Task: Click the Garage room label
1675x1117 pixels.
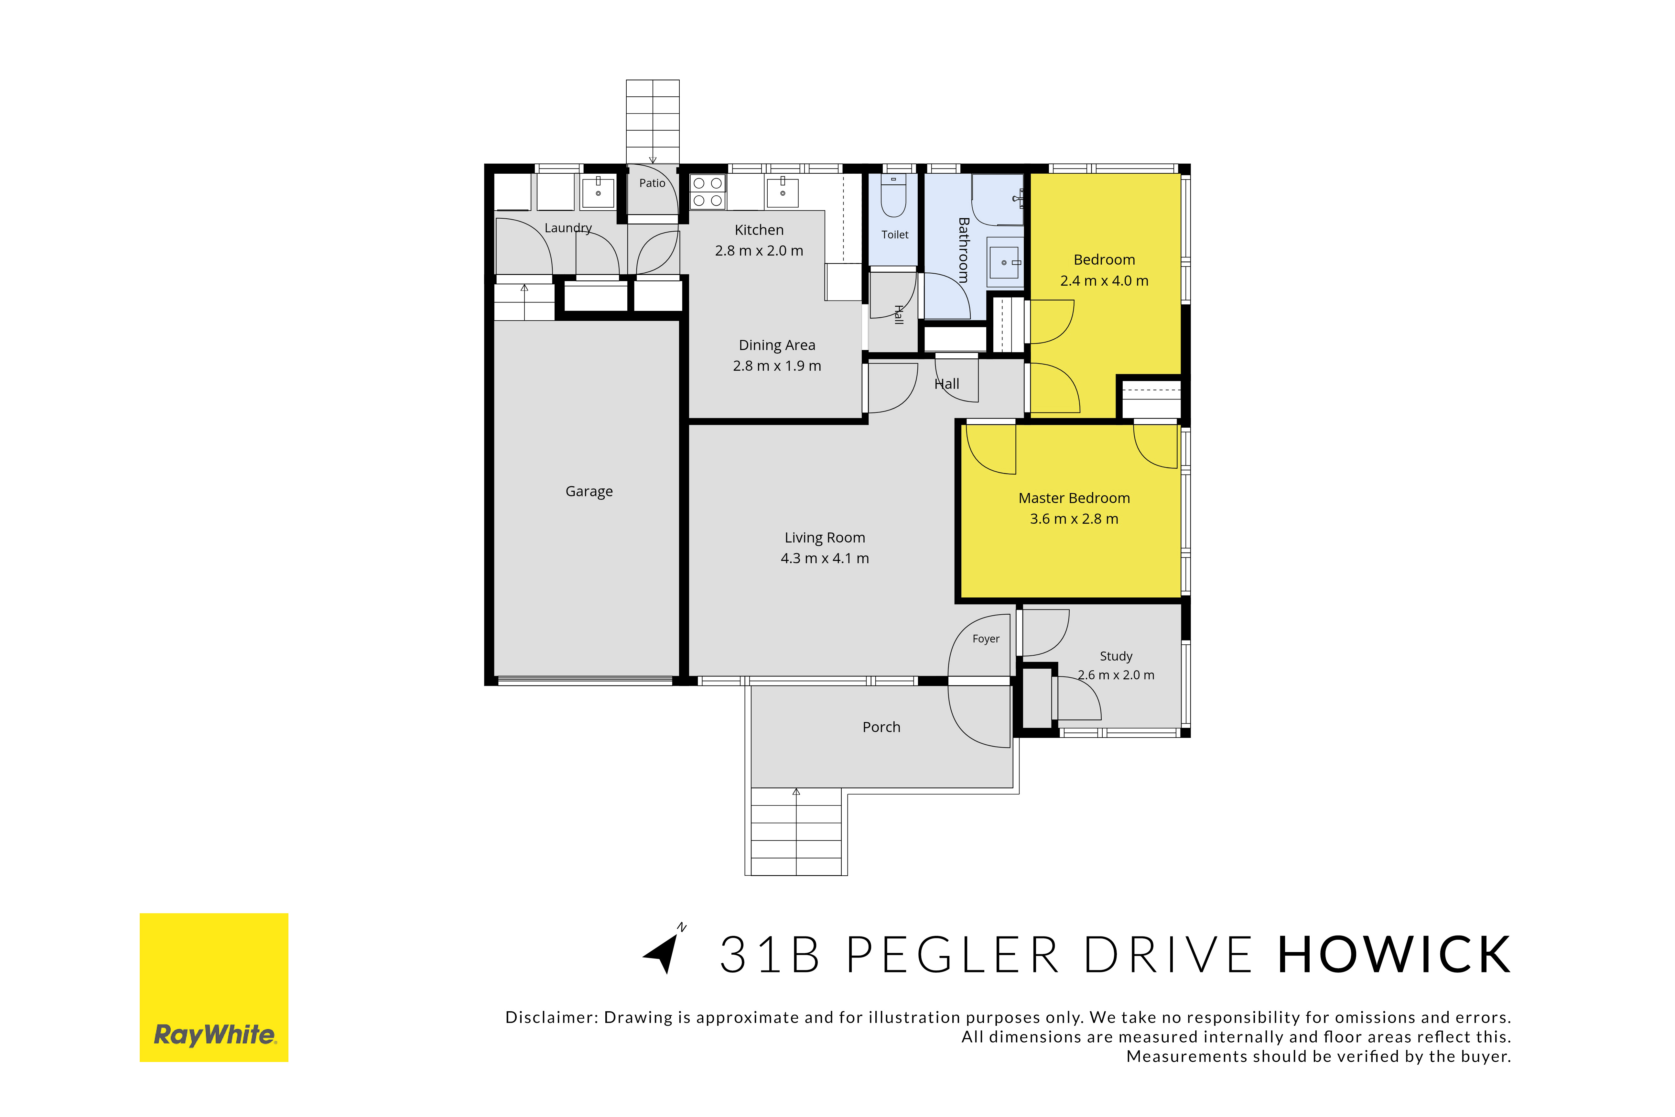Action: pos(589,491)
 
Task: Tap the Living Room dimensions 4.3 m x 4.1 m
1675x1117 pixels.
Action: pos(825,558)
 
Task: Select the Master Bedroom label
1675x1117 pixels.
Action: pos(1074,498)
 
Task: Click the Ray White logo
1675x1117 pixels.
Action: pos(214,987)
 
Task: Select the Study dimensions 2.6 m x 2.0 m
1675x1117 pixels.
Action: pos(1116,674)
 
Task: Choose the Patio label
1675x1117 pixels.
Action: pos(652,183)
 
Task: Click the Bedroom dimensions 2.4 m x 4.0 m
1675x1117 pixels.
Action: pos(1104,281)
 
